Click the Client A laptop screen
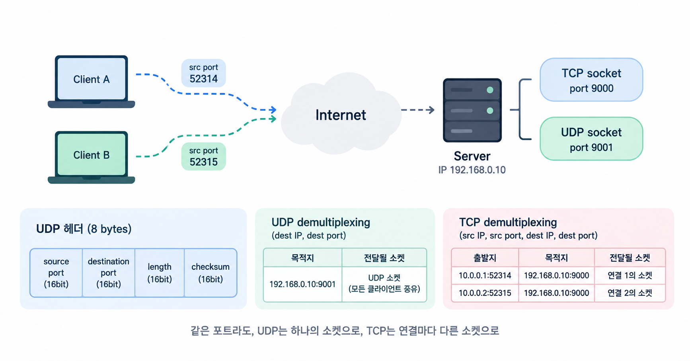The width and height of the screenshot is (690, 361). tap(91, 78)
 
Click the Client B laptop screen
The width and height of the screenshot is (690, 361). tap(91, 154)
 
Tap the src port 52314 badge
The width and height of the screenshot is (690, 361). tap(203, 73)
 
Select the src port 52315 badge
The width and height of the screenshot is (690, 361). tap(203, 156)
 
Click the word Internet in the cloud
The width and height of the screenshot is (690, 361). tap(341, 115)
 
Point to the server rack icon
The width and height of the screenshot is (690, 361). tap(472, 110)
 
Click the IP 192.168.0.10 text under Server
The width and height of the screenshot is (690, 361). tap(472, 170)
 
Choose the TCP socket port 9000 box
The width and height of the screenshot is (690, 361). tap(591, 80)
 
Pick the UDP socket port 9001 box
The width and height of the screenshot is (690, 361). tap(591, 139)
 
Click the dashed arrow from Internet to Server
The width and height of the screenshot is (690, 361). tap(418, 110)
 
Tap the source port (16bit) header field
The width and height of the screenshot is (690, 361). tap(56, 273)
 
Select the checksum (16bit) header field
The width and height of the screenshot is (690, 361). tap(211, 273)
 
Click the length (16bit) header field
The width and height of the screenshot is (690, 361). tap(160, 273)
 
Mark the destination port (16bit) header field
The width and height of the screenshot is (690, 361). tap(109, 273)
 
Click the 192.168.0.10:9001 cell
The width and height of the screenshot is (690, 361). tap(302, 284)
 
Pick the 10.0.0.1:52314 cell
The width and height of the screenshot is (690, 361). tap(485, 275)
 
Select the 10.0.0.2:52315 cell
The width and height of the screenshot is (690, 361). tap(485, 293)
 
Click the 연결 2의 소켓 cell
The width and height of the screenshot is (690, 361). tap(630, 293)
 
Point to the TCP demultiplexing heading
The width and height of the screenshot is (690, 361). tap(508, 222)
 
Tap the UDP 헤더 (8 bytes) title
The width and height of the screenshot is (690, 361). tap(84, 229)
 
